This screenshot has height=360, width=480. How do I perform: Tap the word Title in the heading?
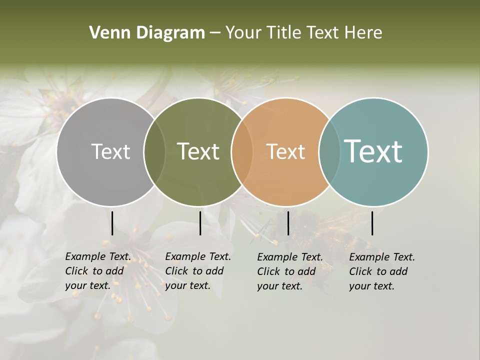pyautogui.click(x=283, y=33)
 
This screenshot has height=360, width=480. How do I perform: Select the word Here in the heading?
pyautogui.click(x=363, y=33)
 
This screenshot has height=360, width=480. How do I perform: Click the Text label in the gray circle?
pyautogui.click(x=110, y=151)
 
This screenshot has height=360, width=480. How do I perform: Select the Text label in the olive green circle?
pyautogui.click(x=198, y=151)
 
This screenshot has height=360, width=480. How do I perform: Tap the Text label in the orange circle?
pyautogui.click(x=285, y=151)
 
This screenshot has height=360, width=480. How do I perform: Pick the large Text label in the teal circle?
pyautogui.click(x=373, y=151)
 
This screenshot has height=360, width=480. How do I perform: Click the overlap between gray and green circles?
pyautogui.click(x=154, y=152)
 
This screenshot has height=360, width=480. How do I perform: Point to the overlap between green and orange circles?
pyautogui.click(x=242, y=152)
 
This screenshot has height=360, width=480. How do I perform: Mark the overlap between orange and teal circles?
pyautogui.click(x=329, y=152)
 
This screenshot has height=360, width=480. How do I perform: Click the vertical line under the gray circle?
pyautogui.click(x=112, y=223)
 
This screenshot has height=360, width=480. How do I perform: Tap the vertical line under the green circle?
pyautogui.click(x=200, y=223)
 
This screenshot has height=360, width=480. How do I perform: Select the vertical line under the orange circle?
pyautogui.click(x=288, y=223)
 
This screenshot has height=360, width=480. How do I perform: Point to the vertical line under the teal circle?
pyautogui.click(x=372, y=223)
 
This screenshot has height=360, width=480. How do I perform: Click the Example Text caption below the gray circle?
pyautogui.click(x=98, y=271)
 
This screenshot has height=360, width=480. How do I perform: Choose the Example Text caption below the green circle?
pyautogui.click(x=198, y=271)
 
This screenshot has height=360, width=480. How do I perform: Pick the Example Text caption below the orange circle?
pyautogui.click(x=290, y=271)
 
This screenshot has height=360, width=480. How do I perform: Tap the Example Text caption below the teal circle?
pyautogui.click(x=382, y=271)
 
